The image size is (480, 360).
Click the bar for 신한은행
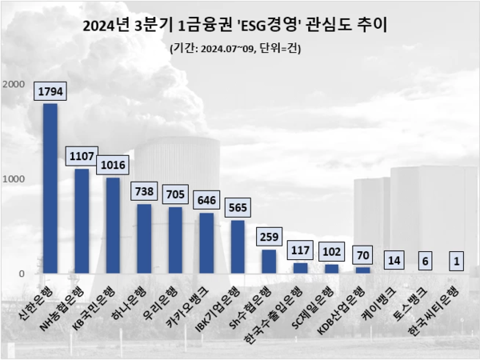point(50,189)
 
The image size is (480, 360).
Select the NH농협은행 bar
point(82,222)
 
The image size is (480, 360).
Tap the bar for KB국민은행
point(113,226)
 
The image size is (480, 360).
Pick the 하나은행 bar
point(144,238)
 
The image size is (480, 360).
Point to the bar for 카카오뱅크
point(206,243)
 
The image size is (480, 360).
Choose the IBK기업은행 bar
point(238,247)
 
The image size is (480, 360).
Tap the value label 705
point(175,194)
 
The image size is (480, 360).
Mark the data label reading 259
point(269,237)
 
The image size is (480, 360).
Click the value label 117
point(300,250)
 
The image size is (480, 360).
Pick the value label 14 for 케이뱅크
point(394,260)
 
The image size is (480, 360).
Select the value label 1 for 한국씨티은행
point(456,261)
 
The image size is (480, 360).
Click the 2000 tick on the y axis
point(14,85)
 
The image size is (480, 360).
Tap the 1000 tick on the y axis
point(14,179)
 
